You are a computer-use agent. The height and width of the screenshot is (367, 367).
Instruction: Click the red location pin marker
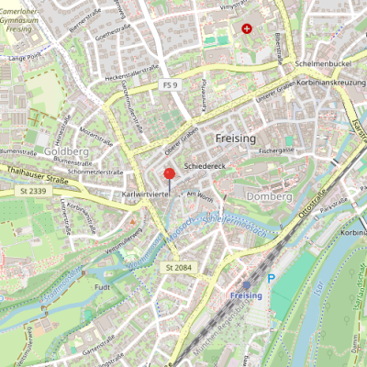pos(169,175)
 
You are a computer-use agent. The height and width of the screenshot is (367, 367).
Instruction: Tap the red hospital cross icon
pos(246,29)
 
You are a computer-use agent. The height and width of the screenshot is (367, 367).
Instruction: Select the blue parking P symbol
pos(271,278)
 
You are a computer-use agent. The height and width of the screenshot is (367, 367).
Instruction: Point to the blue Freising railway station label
pos(245,295)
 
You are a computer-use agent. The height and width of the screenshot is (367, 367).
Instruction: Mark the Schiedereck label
pos(204,167)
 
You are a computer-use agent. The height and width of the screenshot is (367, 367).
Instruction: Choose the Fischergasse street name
pos(276,149)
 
